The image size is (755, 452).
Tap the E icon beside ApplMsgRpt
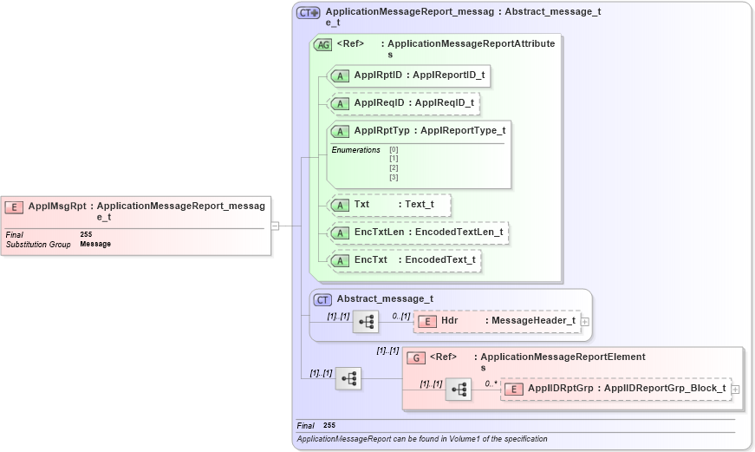14,206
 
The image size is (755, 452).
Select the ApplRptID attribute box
409,75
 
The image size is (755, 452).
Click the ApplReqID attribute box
404,103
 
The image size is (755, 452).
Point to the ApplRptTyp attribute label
381,131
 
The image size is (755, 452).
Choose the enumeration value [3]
394,177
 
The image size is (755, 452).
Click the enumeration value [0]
394,149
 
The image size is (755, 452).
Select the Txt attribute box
390,205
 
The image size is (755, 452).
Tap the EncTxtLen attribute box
418,233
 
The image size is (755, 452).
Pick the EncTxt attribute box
405,260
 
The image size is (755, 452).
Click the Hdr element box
497,321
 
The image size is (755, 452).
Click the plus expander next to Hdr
586,322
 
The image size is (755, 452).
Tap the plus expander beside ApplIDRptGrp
736,390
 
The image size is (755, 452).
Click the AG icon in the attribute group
322,44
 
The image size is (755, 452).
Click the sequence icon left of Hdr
366,322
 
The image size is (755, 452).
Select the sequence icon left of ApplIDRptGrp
459,390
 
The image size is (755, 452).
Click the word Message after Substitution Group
95,244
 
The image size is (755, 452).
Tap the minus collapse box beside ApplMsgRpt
275,226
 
